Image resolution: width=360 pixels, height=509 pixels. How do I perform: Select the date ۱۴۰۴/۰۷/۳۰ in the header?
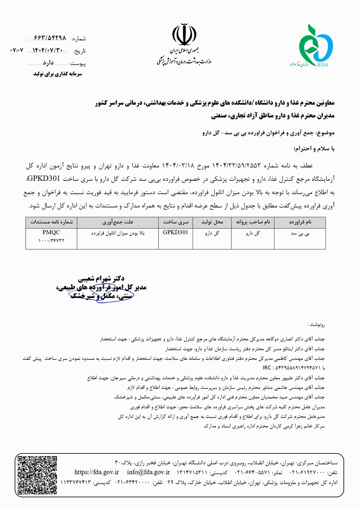(x=48, y=50)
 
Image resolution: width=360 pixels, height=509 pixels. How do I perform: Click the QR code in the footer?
(x=37, y=475)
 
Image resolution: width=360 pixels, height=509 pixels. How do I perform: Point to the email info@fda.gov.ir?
(x=148, y=472)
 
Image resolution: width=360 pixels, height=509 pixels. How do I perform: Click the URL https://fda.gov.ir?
(x=96, y=472)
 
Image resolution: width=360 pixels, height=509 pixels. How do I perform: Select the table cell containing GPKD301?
(x=175, y=232)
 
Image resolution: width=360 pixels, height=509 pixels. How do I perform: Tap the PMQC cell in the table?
(x=51, y=232)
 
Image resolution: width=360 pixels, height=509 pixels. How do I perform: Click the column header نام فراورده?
(x=300, y=222)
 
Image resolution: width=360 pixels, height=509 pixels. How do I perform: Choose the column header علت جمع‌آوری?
(x=118, y=222)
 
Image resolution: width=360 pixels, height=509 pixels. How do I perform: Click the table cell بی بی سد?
(x=300, y=233)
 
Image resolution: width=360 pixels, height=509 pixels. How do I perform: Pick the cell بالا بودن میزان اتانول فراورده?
(x=118, y=233)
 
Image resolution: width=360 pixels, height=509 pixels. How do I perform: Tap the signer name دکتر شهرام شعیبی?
(x=101, y=278)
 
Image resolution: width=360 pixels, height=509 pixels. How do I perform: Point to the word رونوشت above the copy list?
(x=317, y=325)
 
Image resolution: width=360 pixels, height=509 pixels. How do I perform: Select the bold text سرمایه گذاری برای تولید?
(x=58, y=74)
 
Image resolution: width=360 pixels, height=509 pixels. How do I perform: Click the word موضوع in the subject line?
(x=325, y=133)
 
